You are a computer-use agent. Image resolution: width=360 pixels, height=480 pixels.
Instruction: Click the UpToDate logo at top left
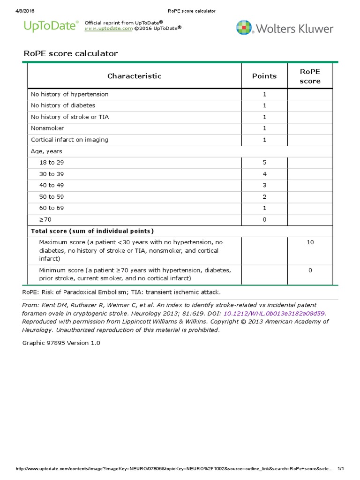coord(51,27)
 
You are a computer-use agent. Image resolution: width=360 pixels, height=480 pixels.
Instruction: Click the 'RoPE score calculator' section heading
coord(71,53)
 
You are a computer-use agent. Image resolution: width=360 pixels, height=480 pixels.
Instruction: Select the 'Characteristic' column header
coord(135,76)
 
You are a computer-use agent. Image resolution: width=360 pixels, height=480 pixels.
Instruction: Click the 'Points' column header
coord(264,76)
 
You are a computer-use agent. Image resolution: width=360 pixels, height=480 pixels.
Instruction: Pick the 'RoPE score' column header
coord(310,76)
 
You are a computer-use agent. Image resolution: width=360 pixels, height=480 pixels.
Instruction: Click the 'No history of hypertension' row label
coord(69,94)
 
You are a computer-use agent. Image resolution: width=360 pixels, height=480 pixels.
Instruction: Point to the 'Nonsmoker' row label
coord(47,128)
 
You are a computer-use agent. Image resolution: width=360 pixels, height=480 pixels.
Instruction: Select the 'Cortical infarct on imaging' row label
coord(69,140)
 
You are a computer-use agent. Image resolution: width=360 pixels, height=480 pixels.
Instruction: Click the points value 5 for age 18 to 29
coord(264,163)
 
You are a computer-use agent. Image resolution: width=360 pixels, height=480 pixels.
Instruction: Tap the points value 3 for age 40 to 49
coord(264,185)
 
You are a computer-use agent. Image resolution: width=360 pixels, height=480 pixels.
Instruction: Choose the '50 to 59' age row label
coord(51,197)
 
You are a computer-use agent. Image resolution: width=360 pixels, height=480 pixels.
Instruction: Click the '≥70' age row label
coord(45,219)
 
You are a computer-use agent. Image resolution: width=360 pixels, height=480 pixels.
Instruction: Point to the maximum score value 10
coord(310,242)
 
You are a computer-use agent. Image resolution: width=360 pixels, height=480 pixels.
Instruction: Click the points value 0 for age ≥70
coord(264,219)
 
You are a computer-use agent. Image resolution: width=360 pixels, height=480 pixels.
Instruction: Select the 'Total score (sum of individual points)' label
coord(92,231)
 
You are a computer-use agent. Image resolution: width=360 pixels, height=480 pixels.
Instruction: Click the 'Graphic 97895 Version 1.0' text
coord(61,343)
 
